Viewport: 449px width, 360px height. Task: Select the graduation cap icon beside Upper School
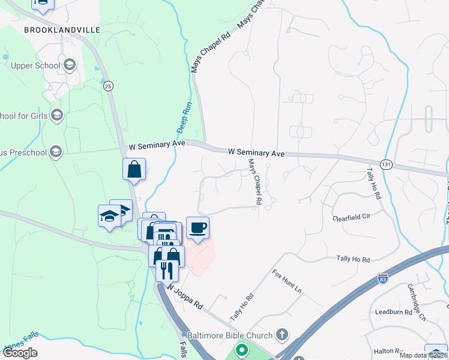[69, 65]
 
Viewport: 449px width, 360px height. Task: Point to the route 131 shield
[386, 164]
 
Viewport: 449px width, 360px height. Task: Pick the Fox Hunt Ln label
[287, 281]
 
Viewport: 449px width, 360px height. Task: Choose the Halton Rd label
[387, 350]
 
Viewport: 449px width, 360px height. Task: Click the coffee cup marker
[197, 227]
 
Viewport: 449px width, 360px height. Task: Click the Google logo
[20, 353]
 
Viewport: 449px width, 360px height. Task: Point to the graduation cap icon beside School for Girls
[57, 115]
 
